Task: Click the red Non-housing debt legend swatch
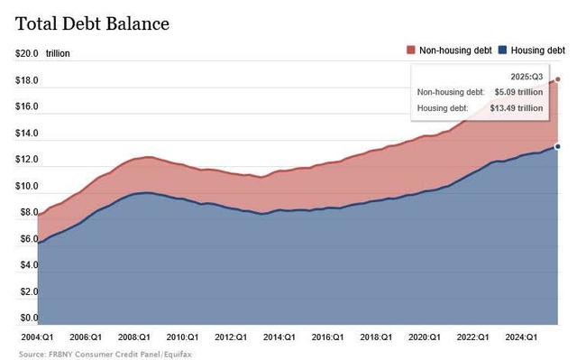pos(411,51)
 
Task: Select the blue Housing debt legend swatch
pos(494,51)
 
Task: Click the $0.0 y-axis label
pos(25,318)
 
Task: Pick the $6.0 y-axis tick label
pos(25,239)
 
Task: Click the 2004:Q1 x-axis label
pos(36,337)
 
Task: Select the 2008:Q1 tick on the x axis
pos(133,337)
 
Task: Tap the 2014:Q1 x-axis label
pos(279,337)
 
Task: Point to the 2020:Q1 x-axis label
pos(423,337)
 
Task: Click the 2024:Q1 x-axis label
pos(519,337)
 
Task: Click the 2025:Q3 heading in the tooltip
pos(526,78)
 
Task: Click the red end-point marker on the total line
pos(558,79)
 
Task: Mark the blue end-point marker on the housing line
pos(558,146)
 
